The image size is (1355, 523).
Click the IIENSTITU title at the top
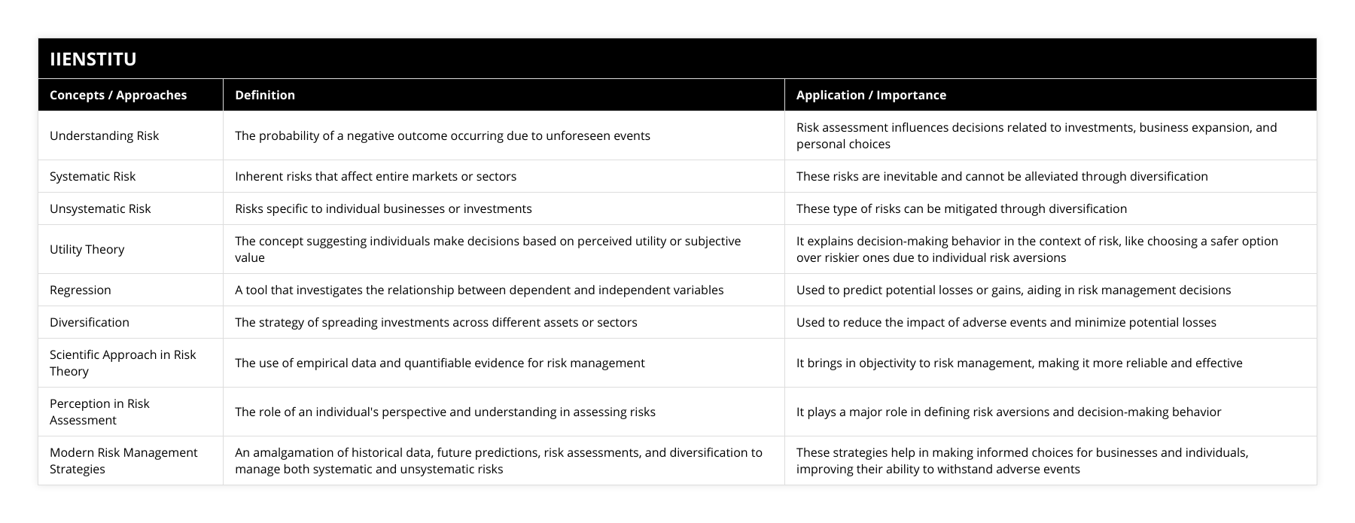pyautogui.click(x=93, y=59)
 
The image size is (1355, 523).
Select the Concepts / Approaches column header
pyautogui.click(x=118, y=95)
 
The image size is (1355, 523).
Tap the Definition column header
pyautogui.click(x=265, y=95)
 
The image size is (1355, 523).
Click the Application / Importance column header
pyautogui.click(x=871, y=95)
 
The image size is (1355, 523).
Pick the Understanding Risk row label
pyautogui.click(x=105, y=135)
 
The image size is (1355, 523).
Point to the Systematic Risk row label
pyautogui.click(x=93, y=176)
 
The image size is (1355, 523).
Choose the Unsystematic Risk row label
pyautogui.click(x=100, y=208)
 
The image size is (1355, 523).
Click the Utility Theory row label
pyautogui.click(x=87, y=249)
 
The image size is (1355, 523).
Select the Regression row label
pyautogui.click(x=81, y=290)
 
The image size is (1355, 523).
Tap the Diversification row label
pyautogui.click(x=90, y=322)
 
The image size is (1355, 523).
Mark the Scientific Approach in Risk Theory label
pyautogui.click(x=123, y=363)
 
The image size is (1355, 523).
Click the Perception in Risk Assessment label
pyautogui.click(x=99, y=412)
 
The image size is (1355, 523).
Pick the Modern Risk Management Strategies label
pyautogui.click(x=123, y=461)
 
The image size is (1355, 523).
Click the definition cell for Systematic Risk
pyautogui.click(x=376, y=176)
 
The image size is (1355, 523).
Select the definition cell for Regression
pyautogui.click(x=479, y=290)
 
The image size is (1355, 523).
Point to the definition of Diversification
pyautogui.click(x=436, y=322)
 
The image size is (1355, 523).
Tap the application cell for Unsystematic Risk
pyautogui.click(x=961, y=208)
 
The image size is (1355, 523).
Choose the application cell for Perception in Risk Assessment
pyautogui.click(x=1009, y=412)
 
